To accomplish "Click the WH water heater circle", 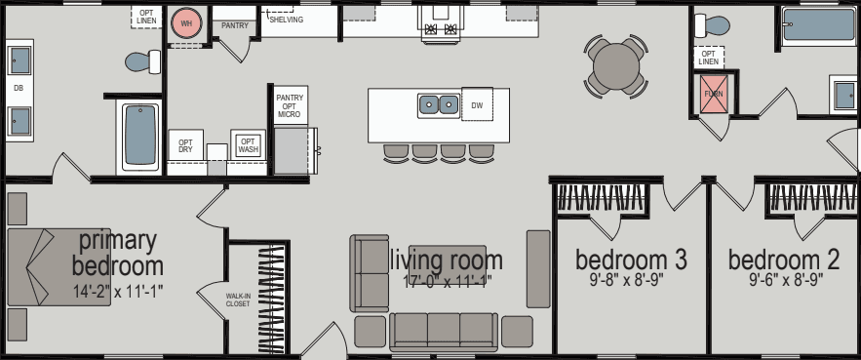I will pos(185,24).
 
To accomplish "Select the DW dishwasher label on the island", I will pos(477,104).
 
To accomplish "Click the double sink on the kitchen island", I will pos(438,103).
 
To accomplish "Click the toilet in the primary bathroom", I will pos(144,62).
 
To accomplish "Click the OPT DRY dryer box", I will pos(185,146).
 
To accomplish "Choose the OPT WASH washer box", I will pos(248,144).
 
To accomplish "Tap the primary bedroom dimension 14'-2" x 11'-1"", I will pos(117,292).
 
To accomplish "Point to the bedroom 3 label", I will pos(631,260).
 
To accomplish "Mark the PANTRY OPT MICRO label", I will pos(290,105).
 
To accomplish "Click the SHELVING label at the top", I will pos(286,20).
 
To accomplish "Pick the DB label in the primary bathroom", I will pos(18,89).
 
